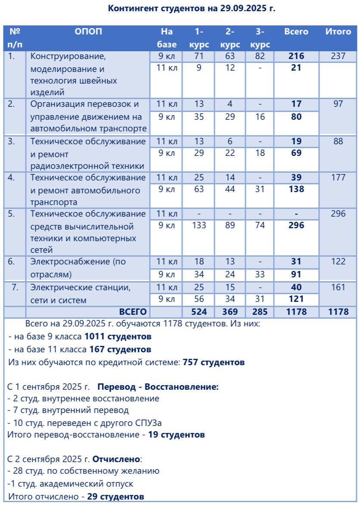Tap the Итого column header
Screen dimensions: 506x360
[338, 31]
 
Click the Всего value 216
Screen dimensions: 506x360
[297, 56]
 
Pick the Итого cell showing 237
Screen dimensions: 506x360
[338, 56]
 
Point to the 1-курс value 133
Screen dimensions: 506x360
[199, 225]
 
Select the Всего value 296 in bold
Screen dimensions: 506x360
[297, 225]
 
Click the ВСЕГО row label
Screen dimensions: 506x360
[133, 312]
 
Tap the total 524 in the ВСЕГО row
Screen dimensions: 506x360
[199, 312]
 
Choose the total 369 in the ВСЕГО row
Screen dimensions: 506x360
[230, 312]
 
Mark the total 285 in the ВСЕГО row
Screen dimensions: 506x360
[260, 312]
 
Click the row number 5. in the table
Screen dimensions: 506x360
[13, 213]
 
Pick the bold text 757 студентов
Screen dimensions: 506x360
[214, 362]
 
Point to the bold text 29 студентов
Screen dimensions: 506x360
[115, 497]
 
